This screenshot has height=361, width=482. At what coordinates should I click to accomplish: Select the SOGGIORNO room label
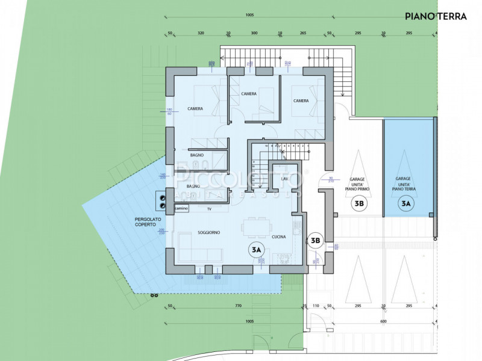207,232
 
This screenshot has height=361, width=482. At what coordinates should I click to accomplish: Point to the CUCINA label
278,236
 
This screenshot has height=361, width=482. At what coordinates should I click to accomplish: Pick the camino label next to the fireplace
181,208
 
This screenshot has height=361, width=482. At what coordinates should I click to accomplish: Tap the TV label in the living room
209,208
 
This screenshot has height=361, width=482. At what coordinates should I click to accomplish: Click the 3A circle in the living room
256,248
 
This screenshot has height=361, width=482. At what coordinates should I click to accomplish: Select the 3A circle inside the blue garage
406,204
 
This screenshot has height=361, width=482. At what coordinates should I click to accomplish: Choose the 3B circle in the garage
359,204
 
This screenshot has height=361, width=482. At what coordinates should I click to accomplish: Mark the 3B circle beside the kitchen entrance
315,241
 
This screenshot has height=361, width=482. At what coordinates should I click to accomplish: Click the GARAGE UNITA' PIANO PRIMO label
359,184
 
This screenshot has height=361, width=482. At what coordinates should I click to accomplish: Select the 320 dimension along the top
201,34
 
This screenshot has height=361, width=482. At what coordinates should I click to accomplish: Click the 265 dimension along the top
302,34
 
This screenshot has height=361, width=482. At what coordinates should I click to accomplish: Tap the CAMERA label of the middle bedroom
249,94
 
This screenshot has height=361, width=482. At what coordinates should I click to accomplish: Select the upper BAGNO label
197,155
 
